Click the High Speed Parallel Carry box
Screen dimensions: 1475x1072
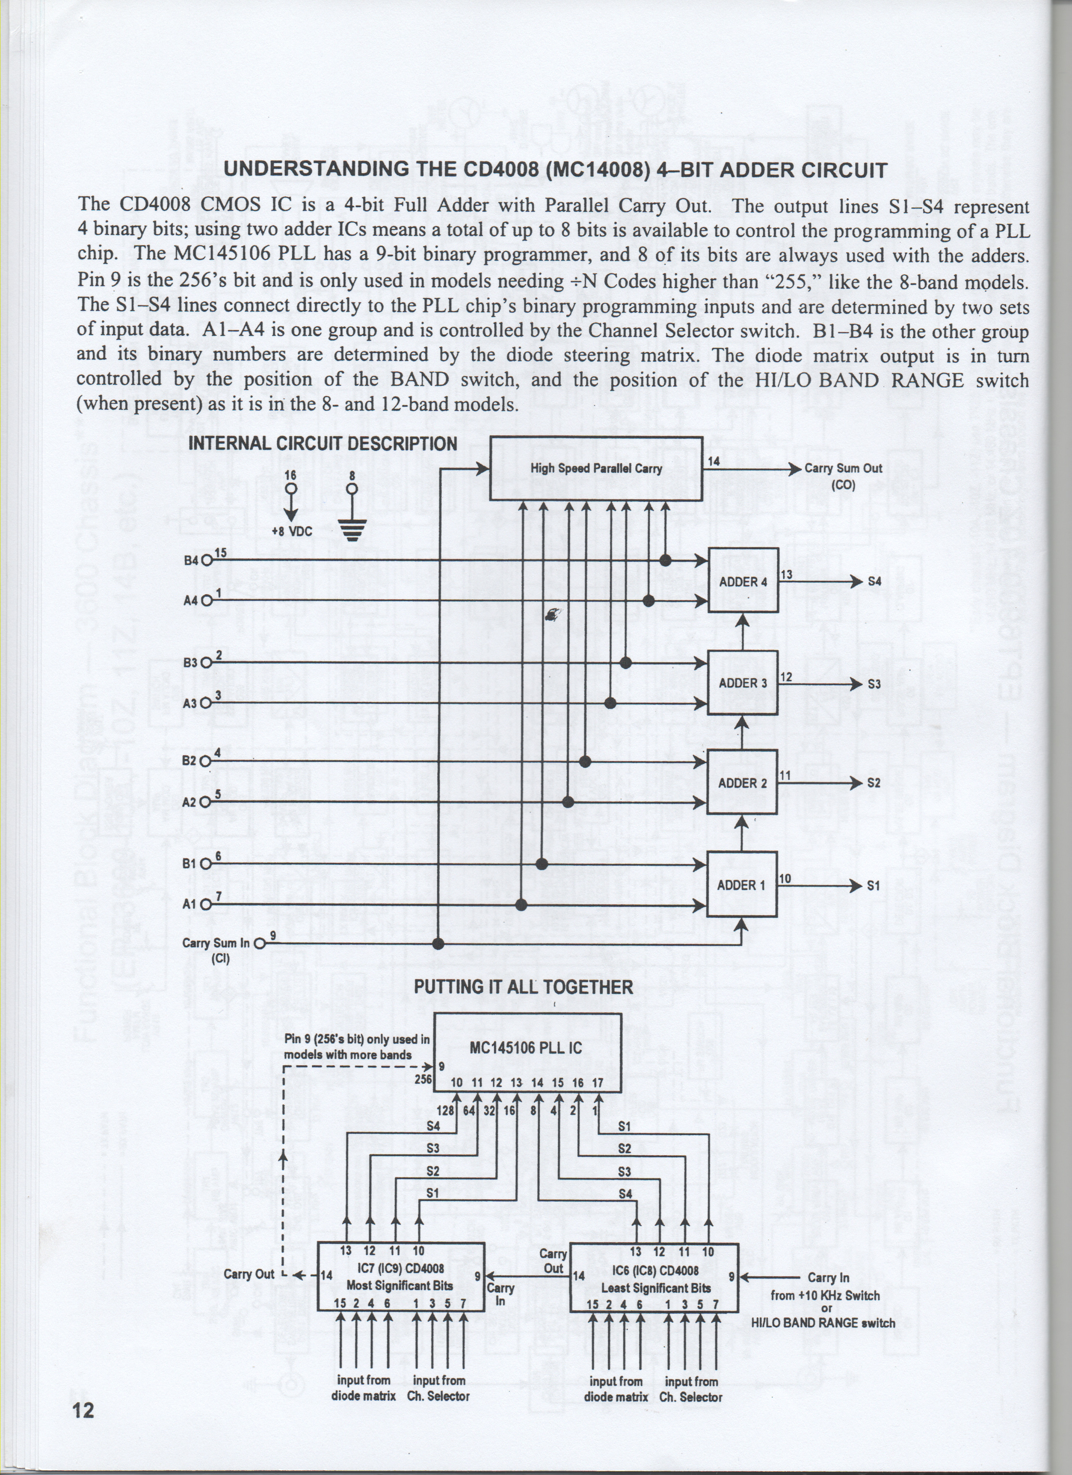click(595, 468)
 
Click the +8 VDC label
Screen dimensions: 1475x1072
click(292, 531)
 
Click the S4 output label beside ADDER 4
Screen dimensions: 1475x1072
click(874, 581)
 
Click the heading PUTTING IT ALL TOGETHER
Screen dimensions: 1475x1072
click(523, 987)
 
